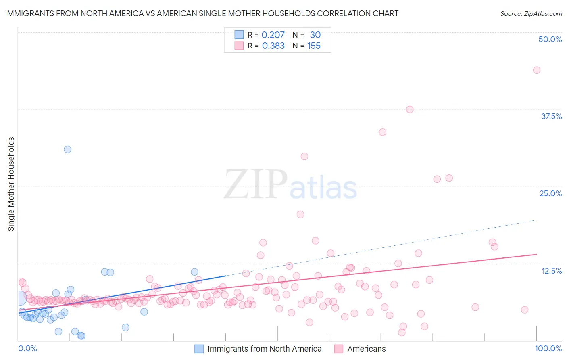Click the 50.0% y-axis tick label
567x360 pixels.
[x=550, y=39]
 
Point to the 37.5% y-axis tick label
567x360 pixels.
[x=551, y=116]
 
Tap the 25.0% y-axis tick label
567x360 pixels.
[x=550, y=193]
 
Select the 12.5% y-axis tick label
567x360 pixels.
[x=551, y=271]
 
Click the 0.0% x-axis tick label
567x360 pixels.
[x=27, y=348]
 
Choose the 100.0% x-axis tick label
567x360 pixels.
[x=548, y=348]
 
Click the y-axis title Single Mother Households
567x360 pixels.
[x=11, y=184]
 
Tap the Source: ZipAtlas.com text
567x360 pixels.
[x=531, y=13]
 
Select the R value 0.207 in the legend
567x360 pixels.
[x=273, y=35]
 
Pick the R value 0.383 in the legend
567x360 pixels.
[x=273, y=46]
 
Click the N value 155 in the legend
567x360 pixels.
[x=314, y=46]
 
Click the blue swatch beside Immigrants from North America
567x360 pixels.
[x=199, y=349]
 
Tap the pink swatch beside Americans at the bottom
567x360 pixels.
[x=339, y=349]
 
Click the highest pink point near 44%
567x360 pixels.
[x=536, y=70]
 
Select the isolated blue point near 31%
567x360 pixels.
[x=67, y=149]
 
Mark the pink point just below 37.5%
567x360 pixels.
[x=410, y=109]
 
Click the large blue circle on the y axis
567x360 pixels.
[x=19, y=299]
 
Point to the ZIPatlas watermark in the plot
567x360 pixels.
[x=290, y=184]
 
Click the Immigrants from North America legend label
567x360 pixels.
[x=264, y=349]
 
